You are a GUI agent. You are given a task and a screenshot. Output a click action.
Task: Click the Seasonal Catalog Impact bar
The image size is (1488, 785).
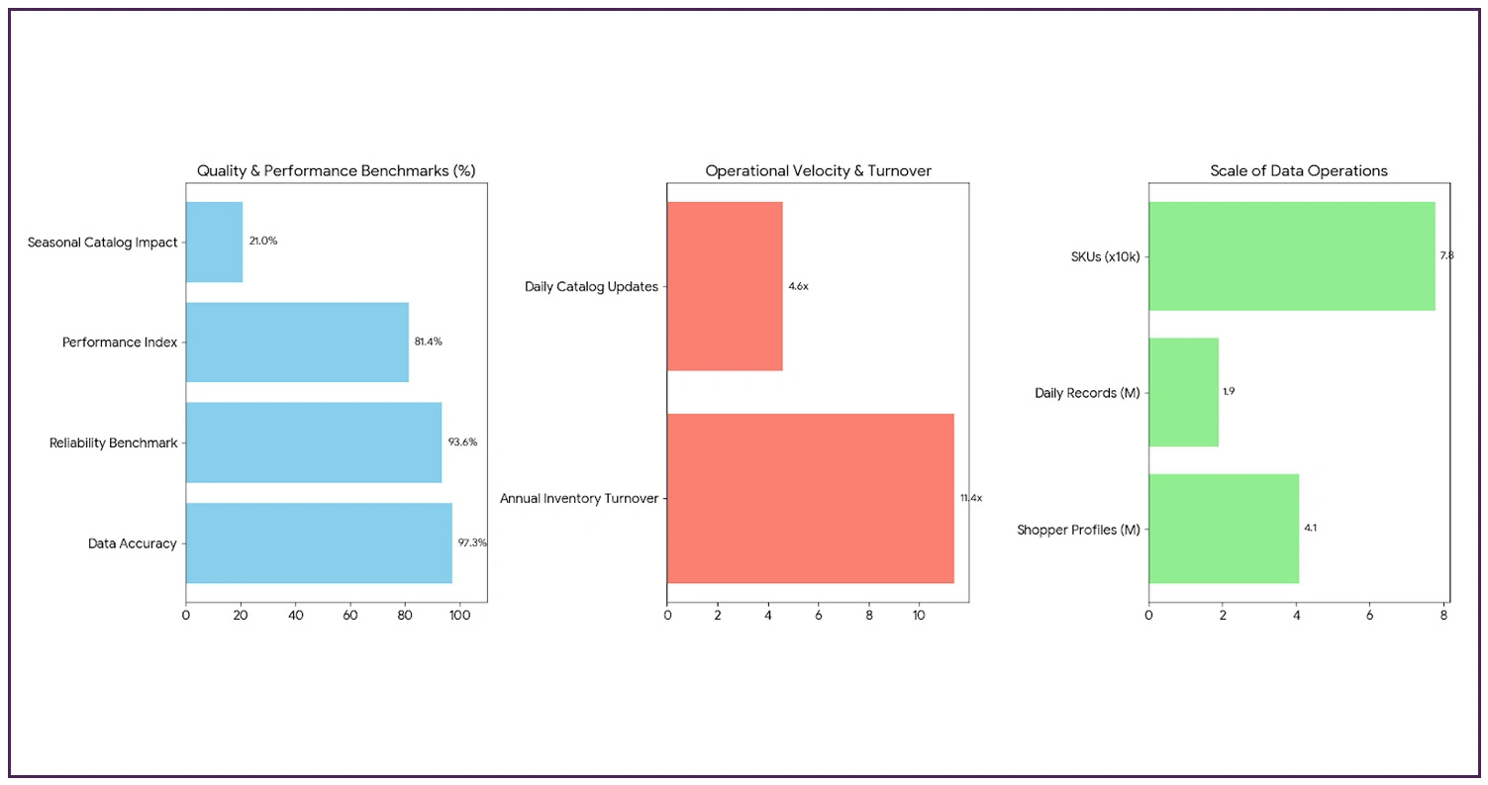tap(214, 242)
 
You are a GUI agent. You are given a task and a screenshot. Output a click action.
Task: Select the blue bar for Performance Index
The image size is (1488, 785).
tap(297, 342)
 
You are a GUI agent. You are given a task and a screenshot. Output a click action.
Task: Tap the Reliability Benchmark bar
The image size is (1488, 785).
tap(314, 442)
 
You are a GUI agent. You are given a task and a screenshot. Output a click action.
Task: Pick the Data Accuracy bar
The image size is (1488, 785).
tap(319, 542)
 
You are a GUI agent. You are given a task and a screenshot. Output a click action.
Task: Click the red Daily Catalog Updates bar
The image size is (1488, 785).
tap(725, 286)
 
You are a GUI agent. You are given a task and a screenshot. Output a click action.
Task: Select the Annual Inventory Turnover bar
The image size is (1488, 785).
tap(810, 498)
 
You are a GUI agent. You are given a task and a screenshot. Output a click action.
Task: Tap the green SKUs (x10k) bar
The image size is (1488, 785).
tap(1291, 256)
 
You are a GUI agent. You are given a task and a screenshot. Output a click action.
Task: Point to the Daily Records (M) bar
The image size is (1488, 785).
tap(1183, 392)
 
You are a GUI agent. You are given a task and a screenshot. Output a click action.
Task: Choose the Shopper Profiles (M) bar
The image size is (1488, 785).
tap(1224, 529)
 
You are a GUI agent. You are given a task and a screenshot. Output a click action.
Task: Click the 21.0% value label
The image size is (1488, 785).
tap(263, 242)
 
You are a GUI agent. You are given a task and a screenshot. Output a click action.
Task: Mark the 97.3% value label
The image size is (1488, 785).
tap(472, 542)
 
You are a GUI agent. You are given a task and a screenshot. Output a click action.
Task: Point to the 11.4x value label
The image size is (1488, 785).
tap(970, 498)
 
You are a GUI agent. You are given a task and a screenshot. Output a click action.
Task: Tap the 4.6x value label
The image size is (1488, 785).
tap(798, 286)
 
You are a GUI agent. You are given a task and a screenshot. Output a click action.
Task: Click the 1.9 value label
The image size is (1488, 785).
tap(1229, 392)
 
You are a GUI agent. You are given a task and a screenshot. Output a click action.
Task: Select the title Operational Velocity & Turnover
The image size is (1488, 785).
tap(818, 171)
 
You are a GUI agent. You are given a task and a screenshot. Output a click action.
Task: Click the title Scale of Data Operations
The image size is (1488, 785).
tap(1299, 171)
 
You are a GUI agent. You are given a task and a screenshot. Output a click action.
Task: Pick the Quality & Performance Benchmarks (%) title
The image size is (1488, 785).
tap(336, 171)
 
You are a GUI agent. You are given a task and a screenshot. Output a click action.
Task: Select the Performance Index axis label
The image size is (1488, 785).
tap(120, 343)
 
